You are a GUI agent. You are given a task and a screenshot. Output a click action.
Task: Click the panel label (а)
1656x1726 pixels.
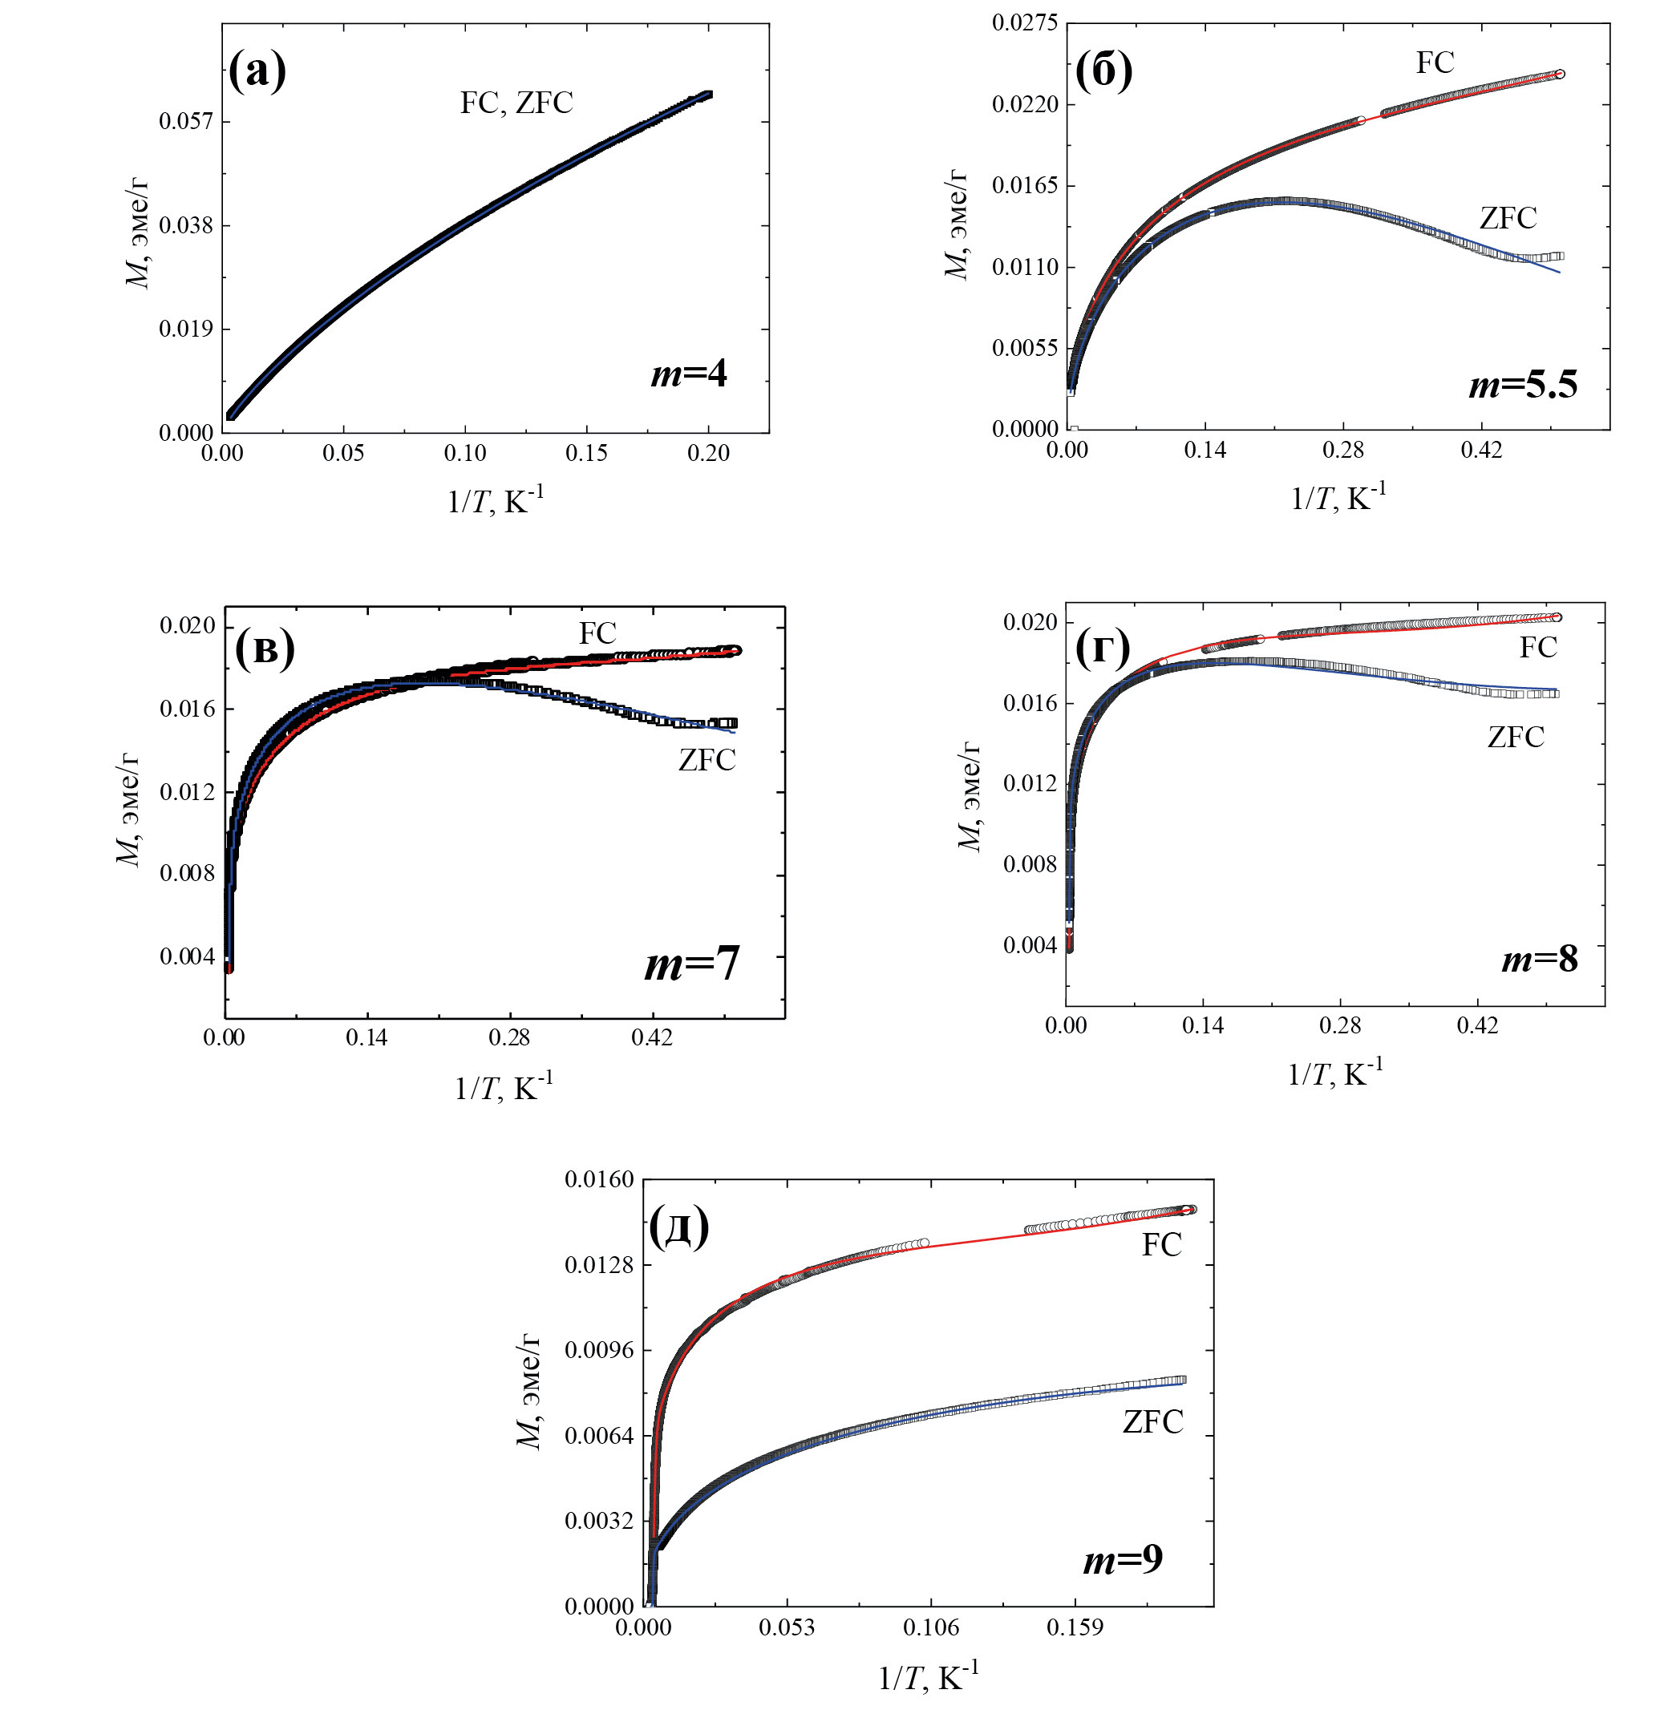point(257,71)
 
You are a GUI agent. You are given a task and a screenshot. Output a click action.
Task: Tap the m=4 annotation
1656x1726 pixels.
point(689,374)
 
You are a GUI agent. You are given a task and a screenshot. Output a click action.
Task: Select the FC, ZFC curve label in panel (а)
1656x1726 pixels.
point(516,103)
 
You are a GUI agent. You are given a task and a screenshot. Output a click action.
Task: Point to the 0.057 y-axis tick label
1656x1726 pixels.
point(186,120)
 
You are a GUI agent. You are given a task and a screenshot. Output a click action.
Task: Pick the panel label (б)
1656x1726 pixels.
point(1103,71)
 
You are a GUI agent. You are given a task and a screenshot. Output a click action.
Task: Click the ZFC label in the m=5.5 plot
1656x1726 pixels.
point(1508,217)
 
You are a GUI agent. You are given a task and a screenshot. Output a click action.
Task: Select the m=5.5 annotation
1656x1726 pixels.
point(1523,384)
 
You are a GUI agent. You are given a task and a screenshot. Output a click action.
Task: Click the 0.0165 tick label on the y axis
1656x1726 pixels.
point(1024,186)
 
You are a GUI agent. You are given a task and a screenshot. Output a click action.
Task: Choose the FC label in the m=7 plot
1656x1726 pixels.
point(597,633)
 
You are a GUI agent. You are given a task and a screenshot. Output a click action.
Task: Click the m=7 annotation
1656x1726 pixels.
point(691,964)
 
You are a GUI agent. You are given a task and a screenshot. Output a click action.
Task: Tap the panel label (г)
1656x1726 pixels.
point(1103,649)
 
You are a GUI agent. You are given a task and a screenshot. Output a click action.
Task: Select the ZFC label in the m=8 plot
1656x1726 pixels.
point(1515,737)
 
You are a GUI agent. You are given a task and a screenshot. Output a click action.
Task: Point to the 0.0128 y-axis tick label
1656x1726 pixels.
point(599,1266)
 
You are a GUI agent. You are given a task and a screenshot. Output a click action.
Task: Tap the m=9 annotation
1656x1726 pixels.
point(1122,1559)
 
